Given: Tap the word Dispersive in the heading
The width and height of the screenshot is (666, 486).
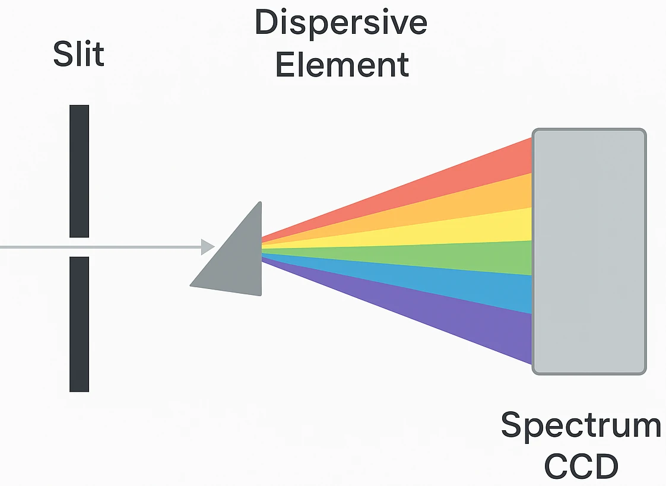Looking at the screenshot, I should coord(341,23).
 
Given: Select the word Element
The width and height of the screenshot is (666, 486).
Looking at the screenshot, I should coord(342,64).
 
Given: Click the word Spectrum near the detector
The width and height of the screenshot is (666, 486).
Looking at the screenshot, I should coord(581,425).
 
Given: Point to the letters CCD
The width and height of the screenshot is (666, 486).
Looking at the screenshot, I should coord(581,466).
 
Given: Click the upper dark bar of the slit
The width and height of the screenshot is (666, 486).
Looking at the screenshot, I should coord(79,171).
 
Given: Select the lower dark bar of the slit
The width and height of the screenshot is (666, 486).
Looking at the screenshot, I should coord(79,324).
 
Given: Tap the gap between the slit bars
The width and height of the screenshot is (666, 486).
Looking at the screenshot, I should coord(79,247).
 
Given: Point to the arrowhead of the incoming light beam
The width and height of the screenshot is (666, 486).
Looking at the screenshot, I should coord(208,246).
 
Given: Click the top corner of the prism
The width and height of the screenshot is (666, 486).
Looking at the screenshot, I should coord(259,204).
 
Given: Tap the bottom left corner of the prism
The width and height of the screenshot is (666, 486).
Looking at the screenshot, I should coord(191,285).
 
